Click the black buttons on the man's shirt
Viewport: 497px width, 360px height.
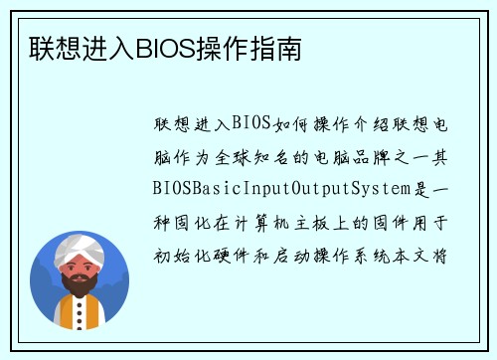(x=79, y=316)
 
